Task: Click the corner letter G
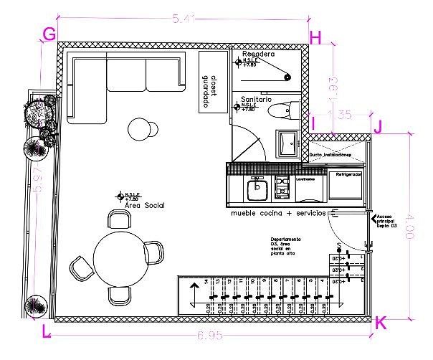[x=49, y=34]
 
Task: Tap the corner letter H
[x=315, y=37]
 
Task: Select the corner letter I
[x=313, y=124]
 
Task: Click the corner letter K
[x=381, y=323]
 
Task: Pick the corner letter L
[x=47, y=331]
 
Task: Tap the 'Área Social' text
[x=145, y=206]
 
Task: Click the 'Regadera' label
[x=258, y=54]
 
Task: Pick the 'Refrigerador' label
[x=348, y=174]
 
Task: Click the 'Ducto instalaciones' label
[x=330, y=155]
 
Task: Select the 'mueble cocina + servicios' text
[x=278, y=214]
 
